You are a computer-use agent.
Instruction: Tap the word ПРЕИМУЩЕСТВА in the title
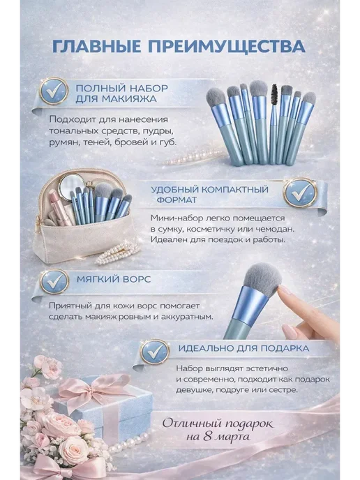pyautogui.click(x=227, y=47)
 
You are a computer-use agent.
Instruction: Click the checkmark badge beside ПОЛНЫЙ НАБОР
pyautogui.click(x=54, y=91)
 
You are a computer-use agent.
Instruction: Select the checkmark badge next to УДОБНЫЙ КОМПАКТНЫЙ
pyautogui.click(x=300, y=193)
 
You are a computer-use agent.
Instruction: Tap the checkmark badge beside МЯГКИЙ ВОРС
pyautogui.click(x=54, y=281)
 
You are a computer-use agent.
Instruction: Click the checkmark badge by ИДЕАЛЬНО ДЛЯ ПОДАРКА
pyautogui.click(x=155, y=352)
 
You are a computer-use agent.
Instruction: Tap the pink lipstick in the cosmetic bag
pyautogui.click(x=59, y=207)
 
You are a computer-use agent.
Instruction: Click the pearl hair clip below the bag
pyautogui.click(x=117, y=253)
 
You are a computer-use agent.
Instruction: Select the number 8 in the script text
pyautogui.click(x=208, y=437)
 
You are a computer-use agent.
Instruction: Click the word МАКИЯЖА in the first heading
pyautogui.click(x=130, y=98)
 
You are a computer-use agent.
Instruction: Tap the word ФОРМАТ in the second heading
pyautogui.click(x=177, y=200)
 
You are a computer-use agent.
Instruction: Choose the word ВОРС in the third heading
pyautogui.click(x=137, y=279)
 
